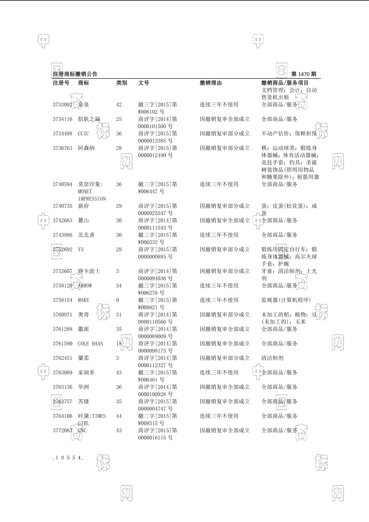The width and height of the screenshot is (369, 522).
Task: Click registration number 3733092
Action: point(62,105)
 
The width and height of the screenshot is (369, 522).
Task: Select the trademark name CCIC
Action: point(83,134)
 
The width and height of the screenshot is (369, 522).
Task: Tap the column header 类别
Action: point(122,83)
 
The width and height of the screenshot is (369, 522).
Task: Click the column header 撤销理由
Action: point(211,83)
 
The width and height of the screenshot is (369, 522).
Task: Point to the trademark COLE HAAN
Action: point(91,344)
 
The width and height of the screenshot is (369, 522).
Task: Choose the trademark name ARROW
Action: point(85,286)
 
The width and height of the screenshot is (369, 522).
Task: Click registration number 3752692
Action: point(62,250)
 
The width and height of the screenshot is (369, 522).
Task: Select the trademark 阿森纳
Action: point(86,148)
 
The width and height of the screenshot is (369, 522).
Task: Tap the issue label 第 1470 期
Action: point(304,74)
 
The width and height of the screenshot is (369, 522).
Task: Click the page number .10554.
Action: point(68,457)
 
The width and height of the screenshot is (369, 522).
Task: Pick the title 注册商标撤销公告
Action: point(75,74)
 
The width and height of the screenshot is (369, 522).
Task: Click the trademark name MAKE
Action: point(83,300)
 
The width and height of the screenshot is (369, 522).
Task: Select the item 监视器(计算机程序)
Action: point(286,300)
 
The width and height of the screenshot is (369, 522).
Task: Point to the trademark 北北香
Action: point(86,235)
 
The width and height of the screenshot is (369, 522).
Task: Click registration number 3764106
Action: point(62,416)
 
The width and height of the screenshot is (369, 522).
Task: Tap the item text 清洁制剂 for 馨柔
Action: point(272,358)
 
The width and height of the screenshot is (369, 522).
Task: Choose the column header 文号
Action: point(144,83)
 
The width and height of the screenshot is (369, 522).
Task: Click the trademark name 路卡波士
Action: point(89,271)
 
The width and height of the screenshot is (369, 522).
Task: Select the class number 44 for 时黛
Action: point(119,416)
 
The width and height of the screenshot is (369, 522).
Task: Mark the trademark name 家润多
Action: point(86,373)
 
